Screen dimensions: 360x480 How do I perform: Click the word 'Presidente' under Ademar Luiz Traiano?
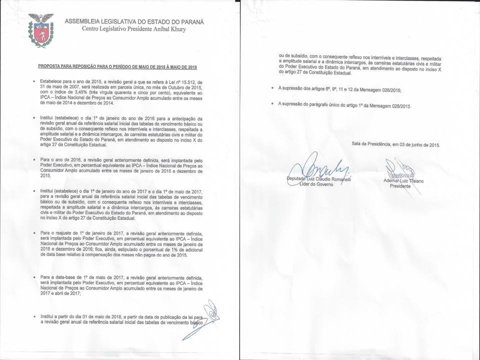[399, 185]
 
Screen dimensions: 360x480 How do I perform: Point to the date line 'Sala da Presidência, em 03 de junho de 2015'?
[395, 145]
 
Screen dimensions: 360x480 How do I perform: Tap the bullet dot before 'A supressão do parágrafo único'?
[272, 104]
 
